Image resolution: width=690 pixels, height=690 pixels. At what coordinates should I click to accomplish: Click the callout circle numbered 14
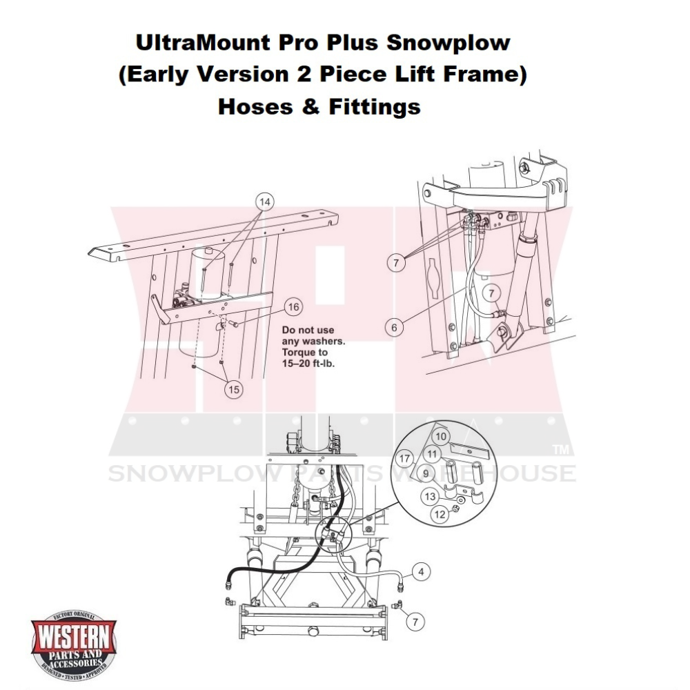point(264,201)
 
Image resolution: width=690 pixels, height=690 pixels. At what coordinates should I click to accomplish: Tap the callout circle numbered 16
point(293,307)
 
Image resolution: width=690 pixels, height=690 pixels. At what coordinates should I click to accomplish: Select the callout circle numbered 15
point(234,389)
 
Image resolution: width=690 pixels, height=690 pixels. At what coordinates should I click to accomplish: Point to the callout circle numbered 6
point(394,327)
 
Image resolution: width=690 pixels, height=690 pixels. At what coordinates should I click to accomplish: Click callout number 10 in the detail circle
point(441,436)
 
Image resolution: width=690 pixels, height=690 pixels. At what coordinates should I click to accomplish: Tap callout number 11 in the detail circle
point(432,454)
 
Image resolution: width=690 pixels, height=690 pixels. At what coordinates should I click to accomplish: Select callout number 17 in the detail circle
point(405,457)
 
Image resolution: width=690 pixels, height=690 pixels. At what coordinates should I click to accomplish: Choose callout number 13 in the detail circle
point(430,496)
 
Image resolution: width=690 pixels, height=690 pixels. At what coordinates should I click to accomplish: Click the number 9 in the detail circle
point(426,474)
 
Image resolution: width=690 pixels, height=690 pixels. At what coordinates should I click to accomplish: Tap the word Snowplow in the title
point(448,43)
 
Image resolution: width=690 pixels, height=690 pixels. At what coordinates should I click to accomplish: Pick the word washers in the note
point(322,342)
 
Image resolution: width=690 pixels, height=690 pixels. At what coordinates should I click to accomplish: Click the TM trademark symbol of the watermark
point(560,451)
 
